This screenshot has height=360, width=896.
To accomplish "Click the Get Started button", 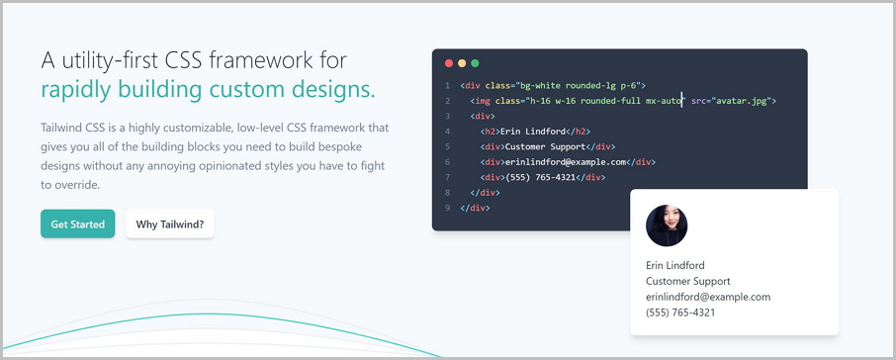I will coord(78,225).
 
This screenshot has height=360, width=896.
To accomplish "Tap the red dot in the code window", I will coord(449,63).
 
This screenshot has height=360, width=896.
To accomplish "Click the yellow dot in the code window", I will coord(462,63).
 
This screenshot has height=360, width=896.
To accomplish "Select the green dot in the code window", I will coord(475,63).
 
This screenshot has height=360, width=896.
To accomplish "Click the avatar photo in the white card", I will coord(667,225).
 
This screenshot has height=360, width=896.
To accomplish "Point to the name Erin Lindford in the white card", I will coord(675,265).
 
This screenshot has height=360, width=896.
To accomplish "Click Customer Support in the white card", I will coord(688,281).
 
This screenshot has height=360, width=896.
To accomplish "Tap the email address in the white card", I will coord(708,297).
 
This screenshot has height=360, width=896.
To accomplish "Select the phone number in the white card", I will coord(680,313).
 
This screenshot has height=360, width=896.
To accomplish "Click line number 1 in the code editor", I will coord(448,86).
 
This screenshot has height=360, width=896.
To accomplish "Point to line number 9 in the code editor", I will coord(448,208).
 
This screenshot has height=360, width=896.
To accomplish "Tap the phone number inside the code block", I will coord(542,177).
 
